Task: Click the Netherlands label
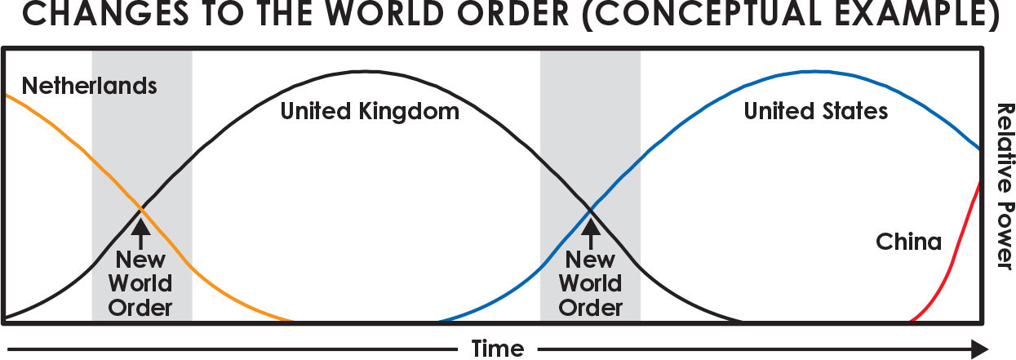point(89,86)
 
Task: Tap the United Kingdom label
point(370,111)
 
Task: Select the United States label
point(815,111)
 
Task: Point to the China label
point(908,242)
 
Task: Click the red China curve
point(954,261)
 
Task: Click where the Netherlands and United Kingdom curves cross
point(142,210)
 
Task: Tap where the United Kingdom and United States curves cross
point(590,210)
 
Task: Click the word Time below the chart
point(497,349)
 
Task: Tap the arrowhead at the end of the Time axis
point(979,349)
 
